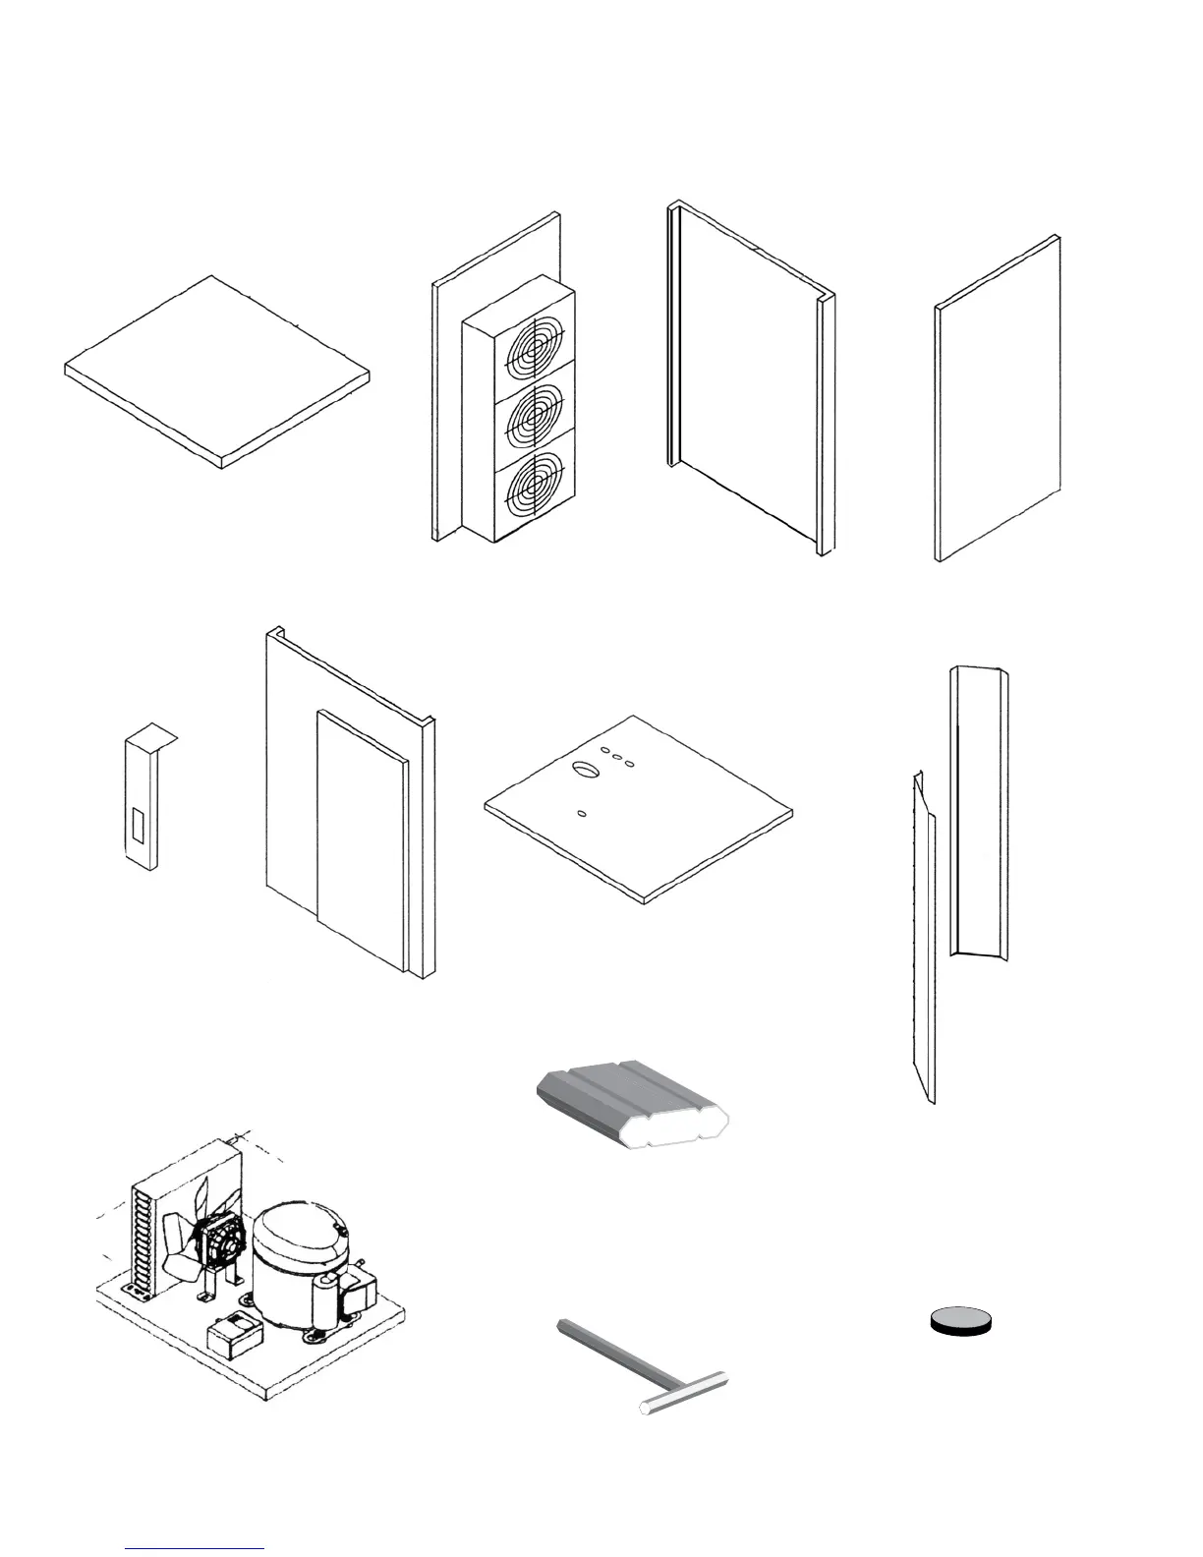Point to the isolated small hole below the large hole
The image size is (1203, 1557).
pos(582,813)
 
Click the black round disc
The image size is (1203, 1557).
pos(961,1321)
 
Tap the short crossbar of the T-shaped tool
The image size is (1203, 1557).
pos(685,1392)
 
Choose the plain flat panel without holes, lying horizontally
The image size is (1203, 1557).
pos(216,372)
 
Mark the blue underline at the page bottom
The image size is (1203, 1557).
pos(195,1548)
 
